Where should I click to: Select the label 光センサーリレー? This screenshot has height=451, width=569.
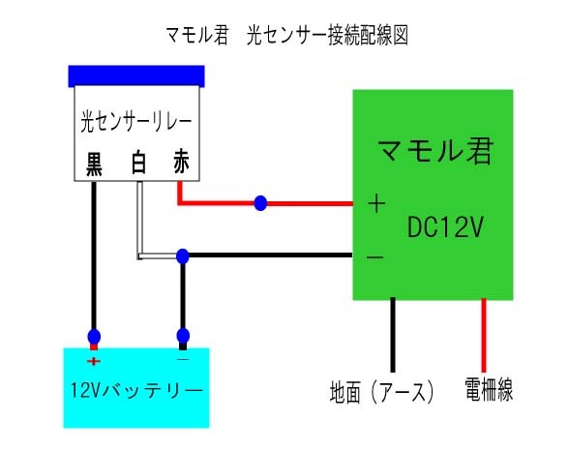pyautogui.click(x=135, y=123)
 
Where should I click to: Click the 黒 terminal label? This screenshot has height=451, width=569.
pyautogui.click(x=96, y=163)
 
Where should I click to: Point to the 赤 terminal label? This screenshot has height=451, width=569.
pyautogui.click(x=181, y=163)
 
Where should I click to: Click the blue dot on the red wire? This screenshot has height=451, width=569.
pyautogui.click(x=260, y=203)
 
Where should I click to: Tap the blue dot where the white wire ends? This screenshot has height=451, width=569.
pyautogui.click(x=182, y=256)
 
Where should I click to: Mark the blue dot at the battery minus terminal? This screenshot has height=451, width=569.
pyautogui.click(x=182, y=337)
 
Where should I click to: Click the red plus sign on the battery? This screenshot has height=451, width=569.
pyautogui.click(x=94, y=361)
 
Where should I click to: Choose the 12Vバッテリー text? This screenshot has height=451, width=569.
pyautogui.click(x=136, y=391)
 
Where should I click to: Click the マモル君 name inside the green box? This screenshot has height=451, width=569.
pyautogui.click(x=434, y=152)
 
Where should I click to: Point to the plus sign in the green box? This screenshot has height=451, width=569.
pyautogui.click(x=376, y=204)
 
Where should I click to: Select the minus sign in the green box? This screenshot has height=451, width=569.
pyautogui.click(x=375, y=257)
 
